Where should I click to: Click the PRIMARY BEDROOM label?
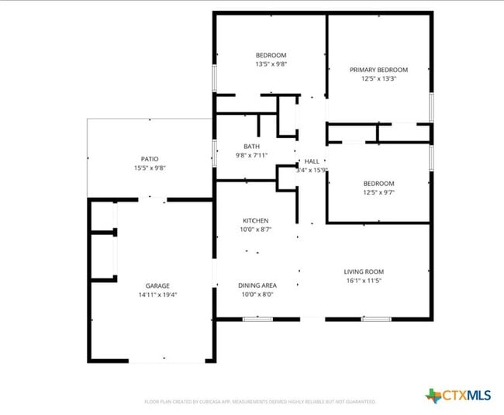click(378, 70)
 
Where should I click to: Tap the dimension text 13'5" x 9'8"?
click(271, 64)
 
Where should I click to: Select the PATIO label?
click(150, 159)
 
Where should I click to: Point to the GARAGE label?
click(157, 285)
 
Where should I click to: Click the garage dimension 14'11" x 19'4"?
click(157, 295)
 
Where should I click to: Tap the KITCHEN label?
click(255, 221)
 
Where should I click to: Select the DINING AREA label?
click(255, 285)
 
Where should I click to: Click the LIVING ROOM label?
click(364, 271)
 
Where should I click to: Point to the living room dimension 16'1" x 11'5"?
click(364, 281)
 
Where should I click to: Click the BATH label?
click(251, 146)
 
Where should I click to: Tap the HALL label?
click(312, 161)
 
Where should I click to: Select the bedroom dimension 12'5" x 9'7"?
click(378, 192)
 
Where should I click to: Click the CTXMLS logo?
click(458, 396)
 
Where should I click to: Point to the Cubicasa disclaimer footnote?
click(260, 402)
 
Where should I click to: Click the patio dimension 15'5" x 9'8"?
click(150, 168)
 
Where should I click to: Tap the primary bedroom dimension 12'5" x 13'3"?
click(378, 79)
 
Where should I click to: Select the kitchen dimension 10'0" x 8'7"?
click(255, 230)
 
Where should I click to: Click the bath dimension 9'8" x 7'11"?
click(251, 155)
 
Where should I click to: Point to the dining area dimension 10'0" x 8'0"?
click(255, 295)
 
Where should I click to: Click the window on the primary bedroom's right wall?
click(431, 107)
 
